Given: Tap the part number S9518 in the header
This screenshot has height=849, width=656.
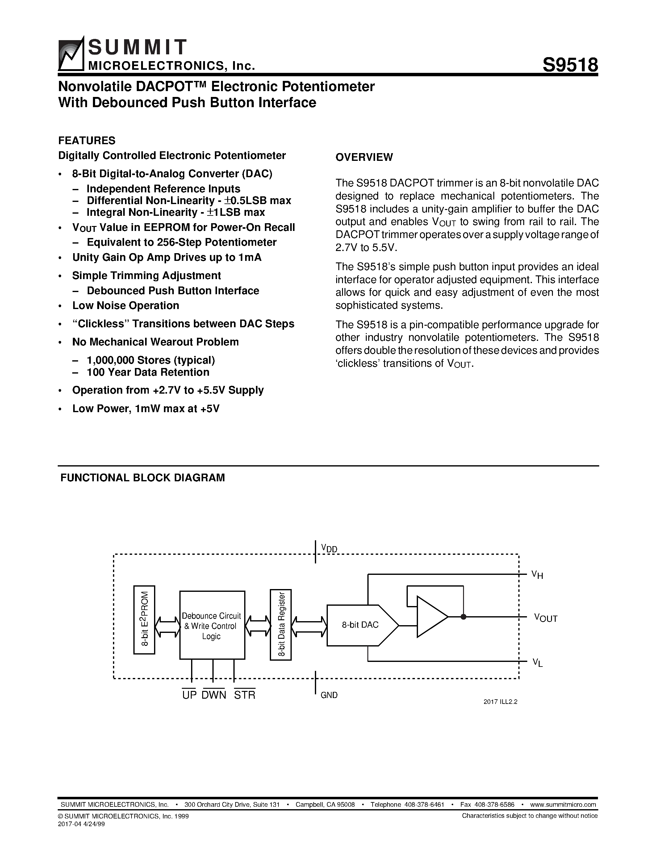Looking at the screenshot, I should point(570,65).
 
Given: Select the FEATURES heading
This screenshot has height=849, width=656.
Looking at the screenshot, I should point(87,140).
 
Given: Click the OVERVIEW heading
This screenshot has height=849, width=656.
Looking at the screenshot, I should point(364,157).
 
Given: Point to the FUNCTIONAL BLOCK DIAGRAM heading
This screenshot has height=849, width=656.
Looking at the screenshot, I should point(143,478).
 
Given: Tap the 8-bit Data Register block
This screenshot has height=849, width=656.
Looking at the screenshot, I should point(281,624).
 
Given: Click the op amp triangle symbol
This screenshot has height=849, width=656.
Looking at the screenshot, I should point(431,617).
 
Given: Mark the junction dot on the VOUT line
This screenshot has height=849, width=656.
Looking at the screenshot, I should point(463,617).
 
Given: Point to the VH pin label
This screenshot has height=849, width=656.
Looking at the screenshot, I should point(537,575).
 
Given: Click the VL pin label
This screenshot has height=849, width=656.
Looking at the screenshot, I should point(537,663).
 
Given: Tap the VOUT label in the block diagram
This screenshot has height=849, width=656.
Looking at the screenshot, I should point(545,618).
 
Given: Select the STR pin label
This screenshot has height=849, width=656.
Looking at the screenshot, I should point(244,695).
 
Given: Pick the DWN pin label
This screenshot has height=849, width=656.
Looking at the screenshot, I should point(214,695).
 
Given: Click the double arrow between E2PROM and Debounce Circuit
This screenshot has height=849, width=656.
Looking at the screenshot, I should point(167,626).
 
